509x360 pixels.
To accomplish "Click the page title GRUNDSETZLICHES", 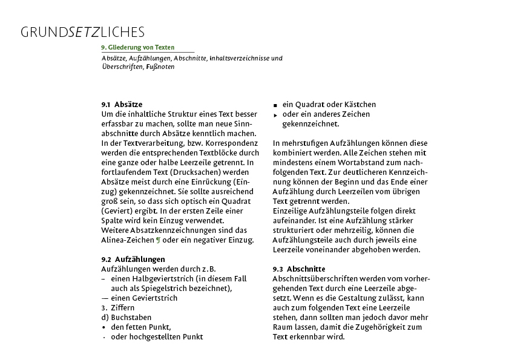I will pos(82,31).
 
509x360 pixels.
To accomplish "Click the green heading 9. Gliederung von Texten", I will pos(138,47).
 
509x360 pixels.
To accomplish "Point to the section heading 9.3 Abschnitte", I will pos(299,269).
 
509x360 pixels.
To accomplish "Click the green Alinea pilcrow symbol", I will pos(159,240).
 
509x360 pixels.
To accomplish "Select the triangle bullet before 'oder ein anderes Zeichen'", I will pos(275,115).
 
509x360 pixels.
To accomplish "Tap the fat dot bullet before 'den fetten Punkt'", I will pos(104,327).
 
